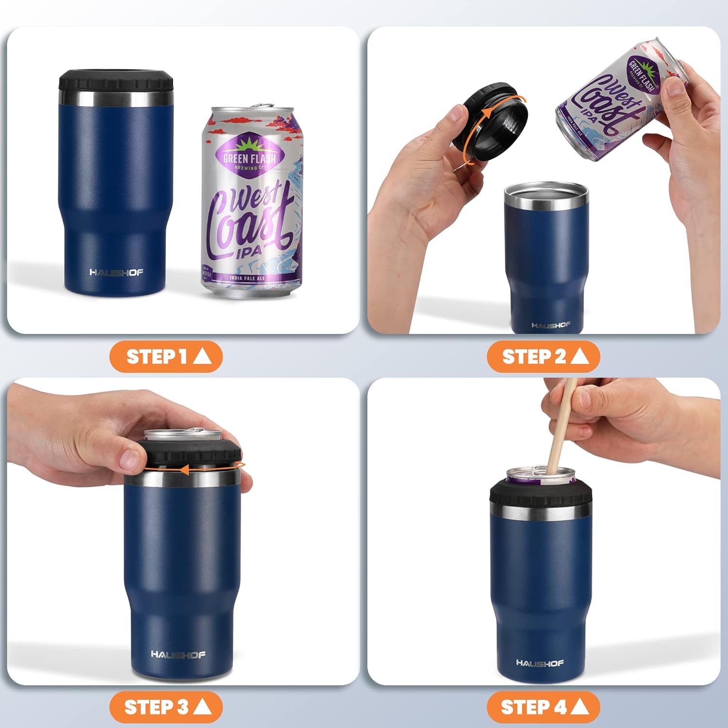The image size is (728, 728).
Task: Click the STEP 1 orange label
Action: tap(166, 357)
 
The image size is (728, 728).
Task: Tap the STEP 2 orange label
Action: tap(543, 357)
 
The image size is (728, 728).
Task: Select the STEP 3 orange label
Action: tap(166, 707)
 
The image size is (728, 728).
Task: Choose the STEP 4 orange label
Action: tap(543, 707)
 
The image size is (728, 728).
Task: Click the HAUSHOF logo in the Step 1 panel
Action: tap(116, 272)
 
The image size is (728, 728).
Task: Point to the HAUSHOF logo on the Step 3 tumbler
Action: tap(178, 655)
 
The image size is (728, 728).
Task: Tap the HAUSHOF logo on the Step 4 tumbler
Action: tap(540, 663)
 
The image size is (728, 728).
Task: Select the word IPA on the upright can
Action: tap(249, 251)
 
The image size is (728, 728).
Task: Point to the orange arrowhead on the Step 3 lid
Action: tap(184, 469)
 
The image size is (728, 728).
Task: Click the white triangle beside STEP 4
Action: tap(580, 707)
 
